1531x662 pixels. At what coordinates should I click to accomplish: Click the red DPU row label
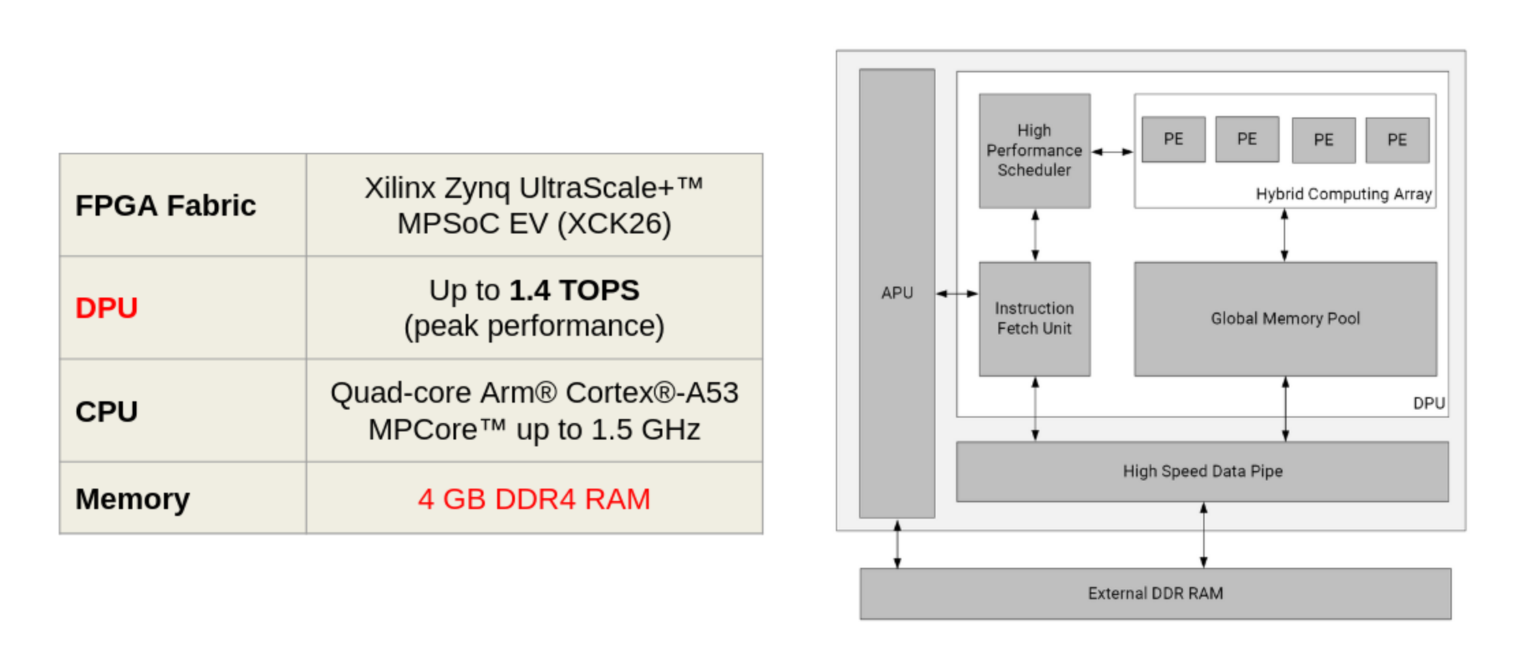coord(107,308)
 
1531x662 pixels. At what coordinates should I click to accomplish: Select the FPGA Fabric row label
coord(165,205)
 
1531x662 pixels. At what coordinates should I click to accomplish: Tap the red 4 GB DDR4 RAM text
coord(533,499)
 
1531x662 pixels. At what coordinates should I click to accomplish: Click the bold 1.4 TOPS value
coord(574,290)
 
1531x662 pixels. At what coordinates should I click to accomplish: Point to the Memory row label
coord(132,499)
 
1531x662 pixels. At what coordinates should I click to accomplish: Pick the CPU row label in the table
coord(107,412)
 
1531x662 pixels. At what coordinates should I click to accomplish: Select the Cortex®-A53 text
coord(651,393)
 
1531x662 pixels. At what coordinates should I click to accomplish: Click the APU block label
coord(897,293)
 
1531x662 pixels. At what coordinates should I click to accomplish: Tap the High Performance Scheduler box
coord(1034,151)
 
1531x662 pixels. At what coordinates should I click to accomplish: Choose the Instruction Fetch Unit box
coord(1034,319)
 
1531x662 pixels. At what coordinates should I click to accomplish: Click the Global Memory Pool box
coord(1285,319)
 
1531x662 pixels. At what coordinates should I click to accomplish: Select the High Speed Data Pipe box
coord(1202,472)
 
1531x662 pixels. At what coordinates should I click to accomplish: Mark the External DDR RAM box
coord(1155,594)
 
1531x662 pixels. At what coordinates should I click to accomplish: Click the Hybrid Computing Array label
coord(1343,195)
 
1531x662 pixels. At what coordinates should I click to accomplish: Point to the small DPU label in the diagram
coord(1429,403)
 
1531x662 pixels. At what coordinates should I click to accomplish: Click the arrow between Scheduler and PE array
coord(1112,152)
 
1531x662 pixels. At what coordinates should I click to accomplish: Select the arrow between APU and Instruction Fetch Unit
coord(957,293)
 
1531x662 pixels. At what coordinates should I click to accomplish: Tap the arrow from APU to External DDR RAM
coord(897,544)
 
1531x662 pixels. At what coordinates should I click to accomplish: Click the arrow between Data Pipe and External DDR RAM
coord(1203,535)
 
